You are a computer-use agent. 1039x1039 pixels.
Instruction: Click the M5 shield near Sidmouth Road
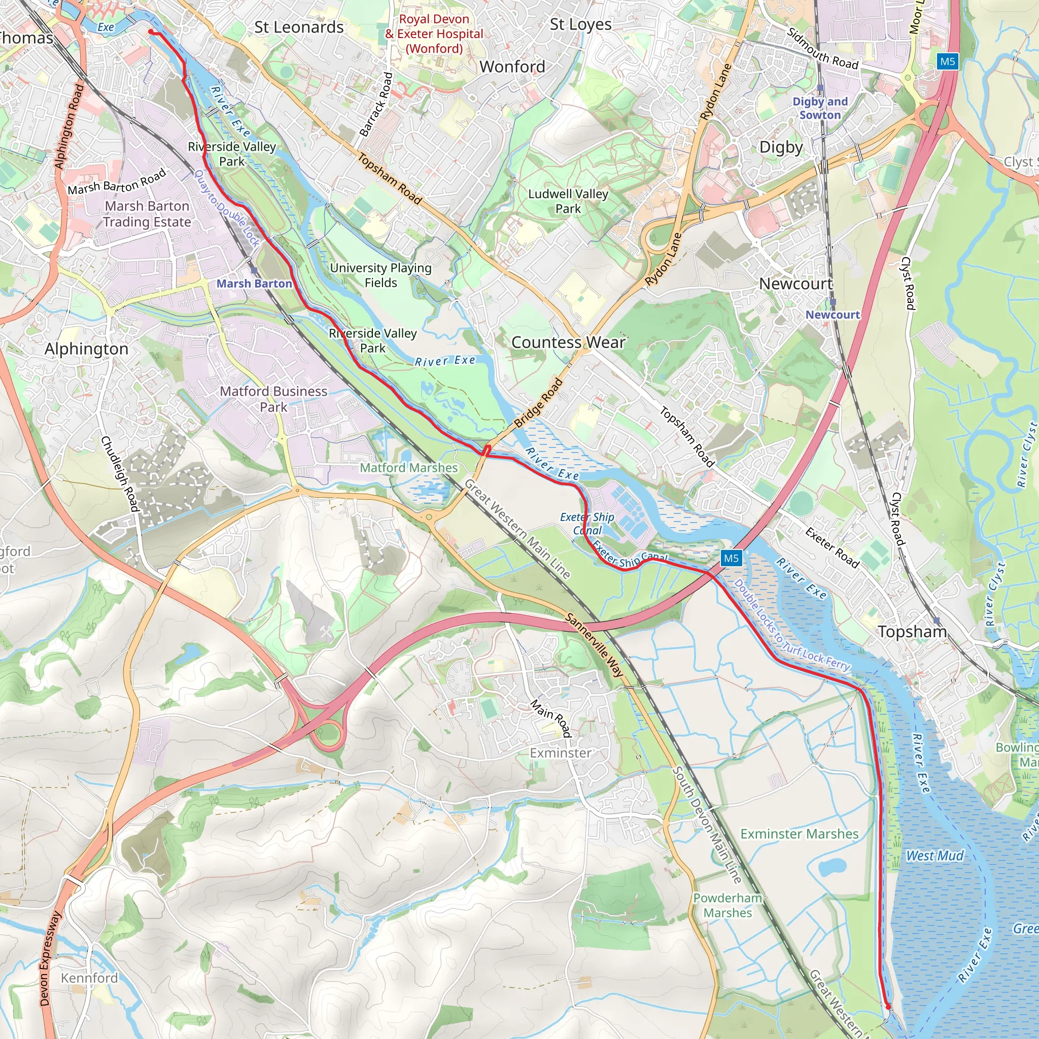pyautogui.click(x=947, y=61)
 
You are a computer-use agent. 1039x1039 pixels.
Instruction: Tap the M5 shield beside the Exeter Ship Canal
pyautogui.click(x=731, y=558)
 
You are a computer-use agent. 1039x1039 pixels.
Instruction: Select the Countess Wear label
pyautogui.click(x=568, y=342)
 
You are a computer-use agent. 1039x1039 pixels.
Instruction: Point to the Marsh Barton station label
pyautogui.click(x=254, y=284)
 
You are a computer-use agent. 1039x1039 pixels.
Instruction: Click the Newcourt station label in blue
pyautogui.click(x=833, y=315)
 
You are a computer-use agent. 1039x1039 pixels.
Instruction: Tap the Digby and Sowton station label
pyautogui.click(x=820, y=108)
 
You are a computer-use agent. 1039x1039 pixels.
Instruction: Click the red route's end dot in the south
pyautogui.click(x=888, y=1006)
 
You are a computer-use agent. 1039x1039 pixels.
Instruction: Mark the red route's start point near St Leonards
pyautogui.click(x=151, y=32)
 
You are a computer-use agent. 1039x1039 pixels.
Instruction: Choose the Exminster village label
pyautogui.click(x=561, y=753)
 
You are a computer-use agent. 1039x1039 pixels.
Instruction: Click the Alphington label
pyautogui.click(x=87, y=349)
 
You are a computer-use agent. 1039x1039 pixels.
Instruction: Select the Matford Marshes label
pyautogui.click(x=409, y=468)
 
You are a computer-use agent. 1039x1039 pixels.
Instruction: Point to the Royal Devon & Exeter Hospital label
pyautogui.click(x=434, y=34)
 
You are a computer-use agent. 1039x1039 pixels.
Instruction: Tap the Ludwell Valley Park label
pyautogui.click(x=568, y=201)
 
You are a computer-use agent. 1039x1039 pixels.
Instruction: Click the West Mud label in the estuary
pyautogui.click(x=934, y=856)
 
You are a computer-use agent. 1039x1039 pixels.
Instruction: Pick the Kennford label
pyautogui.click(x=89, y=978)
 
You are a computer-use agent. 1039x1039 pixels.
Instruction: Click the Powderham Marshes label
pyautogui.click(x=728, y=905)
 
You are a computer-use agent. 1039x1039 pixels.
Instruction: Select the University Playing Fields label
pyautogui.click(x=381, y=275)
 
